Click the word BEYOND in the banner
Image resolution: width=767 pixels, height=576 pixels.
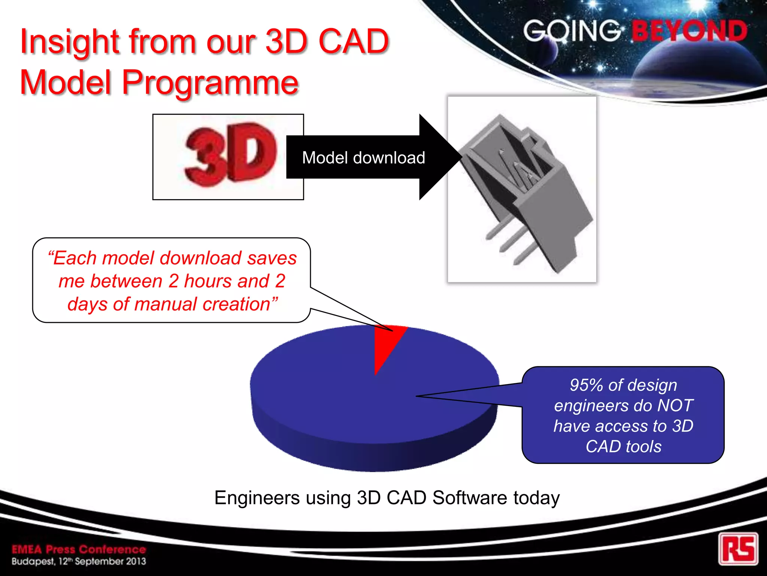click(689, 31)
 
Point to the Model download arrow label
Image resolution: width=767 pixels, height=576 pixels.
click(363, 157)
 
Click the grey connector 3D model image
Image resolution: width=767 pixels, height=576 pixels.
click(522, 189)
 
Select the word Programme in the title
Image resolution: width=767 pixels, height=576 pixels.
click(210, 82)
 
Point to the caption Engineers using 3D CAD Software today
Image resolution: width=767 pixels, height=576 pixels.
click(387, 498)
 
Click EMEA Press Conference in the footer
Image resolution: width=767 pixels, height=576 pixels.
click(79, 549)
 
